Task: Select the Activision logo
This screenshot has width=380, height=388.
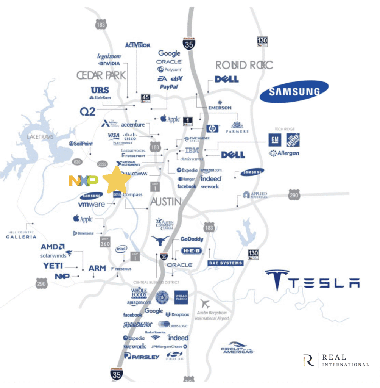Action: [x=138, y=45]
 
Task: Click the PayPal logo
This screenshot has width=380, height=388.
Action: [x=169, y=87]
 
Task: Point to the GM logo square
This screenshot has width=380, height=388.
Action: [x=275, y=140]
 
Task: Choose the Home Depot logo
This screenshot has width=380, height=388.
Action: [x=293, y=140]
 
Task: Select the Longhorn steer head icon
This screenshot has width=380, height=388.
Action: [x=160, y=240]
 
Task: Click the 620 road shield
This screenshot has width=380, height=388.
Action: [x=77, y=162]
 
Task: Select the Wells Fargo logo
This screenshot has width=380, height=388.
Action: [x=181, y=297]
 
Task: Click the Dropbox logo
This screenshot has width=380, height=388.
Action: [x=177, y=314]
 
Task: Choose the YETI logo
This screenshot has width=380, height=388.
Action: [x=53, y=266]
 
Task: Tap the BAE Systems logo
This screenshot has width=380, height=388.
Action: [x=225, y=263]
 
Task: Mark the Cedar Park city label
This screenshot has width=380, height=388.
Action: [x=101, y=75]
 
